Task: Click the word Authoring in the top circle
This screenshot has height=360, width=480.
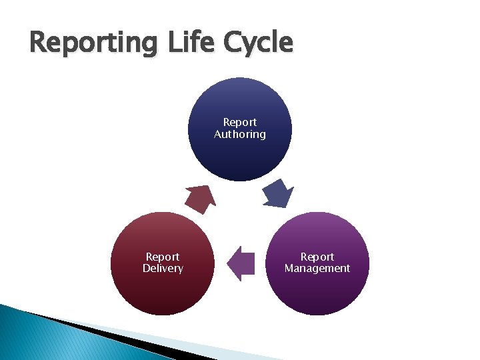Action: [240, 134]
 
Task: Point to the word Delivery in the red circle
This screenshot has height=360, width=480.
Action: [163, 268]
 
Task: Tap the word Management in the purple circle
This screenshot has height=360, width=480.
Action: [317, 268]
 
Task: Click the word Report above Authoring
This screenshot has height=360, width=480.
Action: [240, 122]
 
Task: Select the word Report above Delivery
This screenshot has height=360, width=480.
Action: [163, 257]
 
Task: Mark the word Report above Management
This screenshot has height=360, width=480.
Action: [317, 257]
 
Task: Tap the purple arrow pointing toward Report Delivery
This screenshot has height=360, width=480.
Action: [241, 263]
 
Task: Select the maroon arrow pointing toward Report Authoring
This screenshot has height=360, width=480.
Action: [200, 199]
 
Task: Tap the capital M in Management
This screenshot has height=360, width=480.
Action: [289, 268]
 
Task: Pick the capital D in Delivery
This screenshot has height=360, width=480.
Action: [146, 268]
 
